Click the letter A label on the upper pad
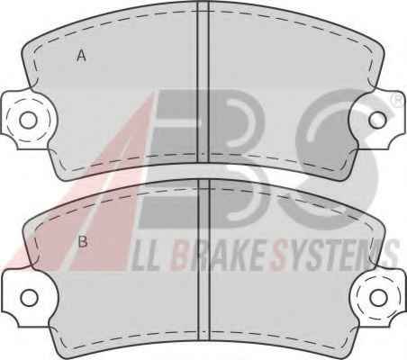tap(81, 56)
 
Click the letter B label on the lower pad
tap(83, 241)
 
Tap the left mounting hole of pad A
tap(28, 120)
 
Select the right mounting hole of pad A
tap(377, 120)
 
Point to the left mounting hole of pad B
tap(30, 298)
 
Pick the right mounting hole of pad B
tap(378, 297)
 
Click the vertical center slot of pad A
tap(203, 83)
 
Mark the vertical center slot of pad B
tap(204, 260)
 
